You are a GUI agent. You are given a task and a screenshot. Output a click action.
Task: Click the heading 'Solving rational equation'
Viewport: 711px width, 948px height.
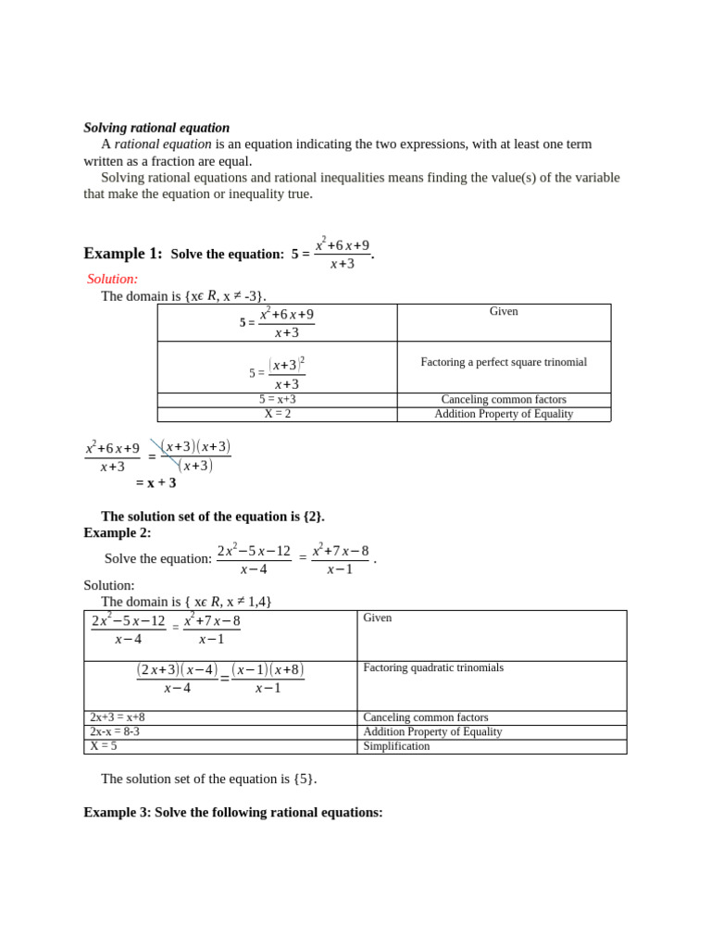pos(156,128)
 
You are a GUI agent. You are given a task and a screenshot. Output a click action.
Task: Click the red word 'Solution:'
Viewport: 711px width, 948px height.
pos(112,279)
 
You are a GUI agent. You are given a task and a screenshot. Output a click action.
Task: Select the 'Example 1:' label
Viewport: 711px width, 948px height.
pos(122,254)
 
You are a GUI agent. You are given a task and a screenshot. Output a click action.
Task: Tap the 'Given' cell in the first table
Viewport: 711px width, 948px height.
pos(504,312)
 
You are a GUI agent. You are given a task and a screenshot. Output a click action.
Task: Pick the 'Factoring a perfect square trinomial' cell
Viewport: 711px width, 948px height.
pos(504,362)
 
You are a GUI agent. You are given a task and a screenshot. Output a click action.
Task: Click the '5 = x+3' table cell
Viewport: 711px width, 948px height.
pos(277,400)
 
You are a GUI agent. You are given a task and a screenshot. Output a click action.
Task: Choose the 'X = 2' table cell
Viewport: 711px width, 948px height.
pos(277,414)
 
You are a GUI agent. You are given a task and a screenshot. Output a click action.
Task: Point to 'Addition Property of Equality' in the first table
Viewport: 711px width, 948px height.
pos(504,414)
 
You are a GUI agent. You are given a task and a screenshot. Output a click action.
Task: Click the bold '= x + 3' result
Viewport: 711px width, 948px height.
pos(156,482)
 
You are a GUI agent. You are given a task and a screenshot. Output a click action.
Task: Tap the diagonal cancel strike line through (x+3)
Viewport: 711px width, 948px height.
pos(165,453)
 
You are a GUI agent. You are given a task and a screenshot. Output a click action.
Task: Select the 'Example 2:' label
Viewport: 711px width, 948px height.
pos(118,532)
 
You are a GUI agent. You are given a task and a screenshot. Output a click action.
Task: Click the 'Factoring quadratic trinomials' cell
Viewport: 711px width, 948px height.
pos(433,667)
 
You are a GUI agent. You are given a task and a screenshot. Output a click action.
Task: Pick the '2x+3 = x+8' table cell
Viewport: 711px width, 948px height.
pos(118,717)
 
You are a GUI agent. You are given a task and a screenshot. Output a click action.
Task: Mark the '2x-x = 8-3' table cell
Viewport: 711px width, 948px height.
pos(115,731)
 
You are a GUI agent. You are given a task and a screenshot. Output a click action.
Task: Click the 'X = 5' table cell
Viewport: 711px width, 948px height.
pos(104,746)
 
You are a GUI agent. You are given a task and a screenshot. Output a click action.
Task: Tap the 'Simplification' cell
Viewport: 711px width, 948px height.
pos(396,746)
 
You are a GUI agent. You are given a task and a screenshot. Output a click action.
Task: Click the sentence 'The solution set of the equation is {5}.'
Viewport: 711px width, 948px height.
pos(208,779)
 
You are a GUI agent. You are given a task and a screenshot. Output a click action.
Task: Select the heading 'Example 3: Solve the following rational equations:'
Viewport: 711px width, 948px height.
pos(232,812)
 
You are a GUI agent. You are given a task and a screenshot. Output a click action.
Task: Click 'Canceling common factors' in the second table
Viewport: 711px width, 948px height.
pos(426,717)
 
